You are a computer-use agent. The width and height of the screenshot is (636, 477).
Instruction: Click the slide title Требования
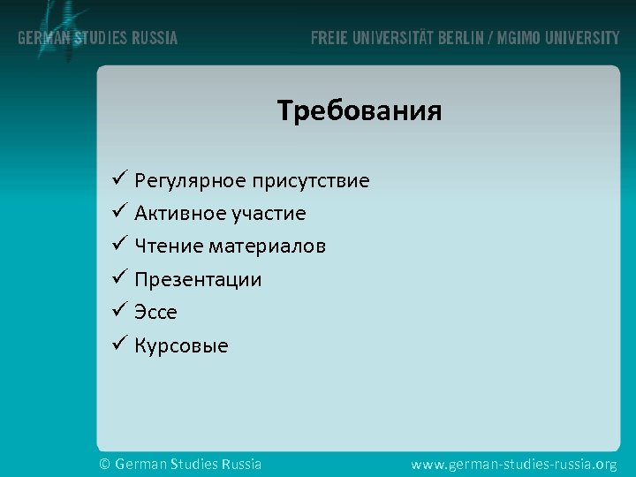(x=359, y=112)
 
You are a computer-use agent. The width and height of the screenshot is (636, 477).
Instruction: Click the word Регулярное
(x=190, y=182)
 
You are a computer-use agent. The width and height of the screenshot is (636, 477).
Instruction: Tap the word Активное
(x=178, y=214)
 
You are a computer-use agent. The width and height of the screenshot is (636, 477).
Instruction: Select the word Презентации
(x=198, y=280)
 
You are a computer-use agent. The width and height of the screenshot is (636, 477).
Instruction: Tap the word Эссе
(x=155, y=313)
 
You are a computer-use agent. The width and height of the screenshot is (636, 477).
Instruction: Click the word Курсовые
(x=181, y=346)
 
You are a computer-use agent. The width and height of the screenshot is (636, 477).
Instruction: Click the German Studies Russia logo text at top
(x=98, y=38)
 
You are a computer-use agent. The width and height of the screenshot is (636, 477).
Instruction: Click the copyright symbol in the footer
(x=104, y=464)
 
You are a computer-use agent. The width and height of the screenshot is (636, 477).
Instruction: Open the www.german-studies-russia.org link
(x=514, y=464)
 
